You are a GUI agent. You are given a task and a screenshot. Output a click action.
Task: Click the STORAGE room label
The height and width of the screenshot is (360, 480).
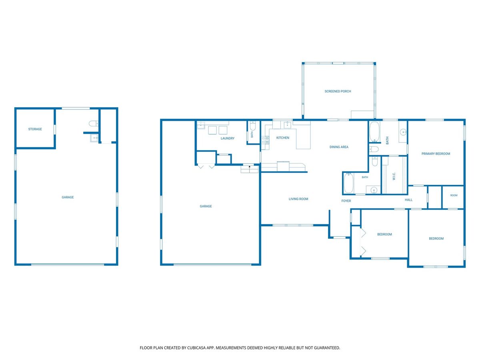click(x=35, y=129)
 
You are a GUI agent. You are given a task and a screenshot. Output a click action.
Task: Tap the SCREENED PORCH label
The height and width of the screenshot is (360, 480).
click(x=338, y=91)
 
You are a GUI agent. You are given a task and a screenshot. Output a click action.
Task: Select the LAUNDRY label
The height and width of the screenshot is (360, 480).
click(x=228, y=138)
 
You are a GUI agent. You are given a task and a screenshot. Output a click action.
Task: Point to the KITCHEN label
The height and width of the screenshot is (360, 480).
click(x=283, y=138)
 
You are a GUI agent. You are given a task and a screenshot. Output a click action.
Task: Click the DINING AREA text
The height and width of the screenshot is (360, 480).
click(x=339, y=147)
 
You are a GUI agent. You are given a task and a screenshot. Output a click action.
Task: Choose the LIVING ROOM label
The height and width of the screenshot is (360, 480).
click(x=298, y=199)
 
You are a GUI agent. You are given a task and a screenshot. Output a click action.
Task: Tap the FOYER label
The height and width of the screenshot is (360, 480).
click(x=346, y=201)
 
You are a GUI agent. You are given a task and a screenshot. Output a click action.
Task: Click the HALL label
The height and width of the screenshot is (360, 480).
click(x=408, y=200)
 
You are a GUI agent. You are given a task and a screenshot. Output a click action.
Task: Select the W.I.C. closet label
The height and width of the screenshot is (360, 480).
click(x=394, y=176)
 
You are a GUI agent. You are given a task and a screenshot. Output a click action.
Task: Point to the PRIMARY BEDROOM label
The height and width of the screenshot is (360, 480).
click(x=436, y=154)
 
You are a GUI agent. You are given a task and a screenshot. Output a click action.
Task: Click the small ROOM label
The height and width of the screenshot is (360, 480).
click(x=454, y=196)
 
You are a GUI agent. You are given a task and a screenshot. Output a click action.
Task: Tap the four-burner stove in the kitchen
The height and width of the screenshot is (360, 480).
click(x=265, y=140)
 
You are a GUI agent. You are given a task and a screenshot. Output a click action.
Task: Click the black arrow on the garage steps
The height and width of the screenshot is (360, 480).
click(x=250, y=167)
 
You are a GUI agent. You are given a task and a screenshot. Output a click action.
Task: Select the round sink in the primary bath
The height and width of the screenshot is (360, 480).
click(x=403, y=132)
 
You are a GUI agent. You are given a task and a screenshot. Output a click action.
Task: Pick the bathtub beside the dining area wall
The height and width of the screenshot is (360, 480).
click(x=374, y=132)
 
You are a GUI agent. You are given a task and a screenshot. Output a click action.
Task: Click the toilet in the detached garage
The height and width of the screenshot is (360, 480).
click(x=93, y=124)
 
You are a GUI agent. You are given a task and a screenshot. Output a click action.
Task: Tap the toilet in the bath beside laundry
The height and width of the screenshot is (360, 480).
click(x=252, y=126)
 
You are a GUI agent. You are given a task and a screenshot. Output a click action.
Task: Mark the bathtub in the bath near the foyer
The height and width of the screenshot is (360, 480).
click(x=348, y=183)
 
